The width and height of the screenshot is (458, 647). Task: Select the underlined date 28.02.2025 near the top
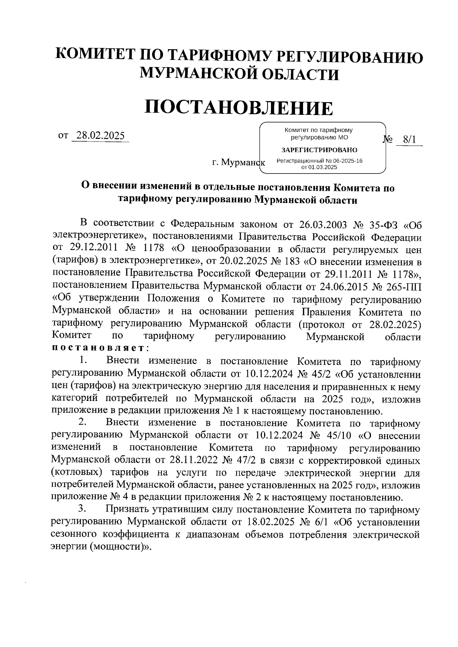[100, 136]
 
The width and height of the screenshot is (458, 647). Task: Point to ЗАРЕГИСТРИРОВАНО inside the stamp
[319, 150]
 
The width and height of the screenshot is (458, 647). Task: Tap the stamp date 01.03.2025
[323, 167]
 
